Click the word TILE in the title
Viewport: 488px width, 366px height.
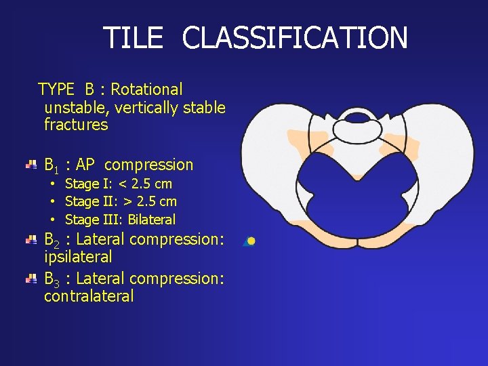133,38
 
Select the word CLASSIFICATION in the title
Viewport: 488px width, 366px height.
295,38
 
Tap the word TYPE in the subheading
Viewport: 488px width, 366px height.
56,89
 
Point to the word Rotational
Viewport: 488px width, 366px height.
146,89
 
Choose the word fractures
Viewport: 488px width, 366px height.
76,125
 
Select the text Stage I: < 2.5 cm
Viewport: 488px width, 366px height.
118,184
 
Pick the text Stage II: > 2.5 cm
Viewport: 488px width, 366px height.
121,201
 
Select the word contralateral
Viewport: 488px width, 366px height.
89,296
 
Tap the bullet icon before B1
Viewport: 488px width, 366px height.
31,165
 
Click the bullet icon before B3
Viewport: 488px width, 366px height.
31,279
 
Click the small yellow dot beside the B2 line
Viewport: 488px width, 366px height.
251,241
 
